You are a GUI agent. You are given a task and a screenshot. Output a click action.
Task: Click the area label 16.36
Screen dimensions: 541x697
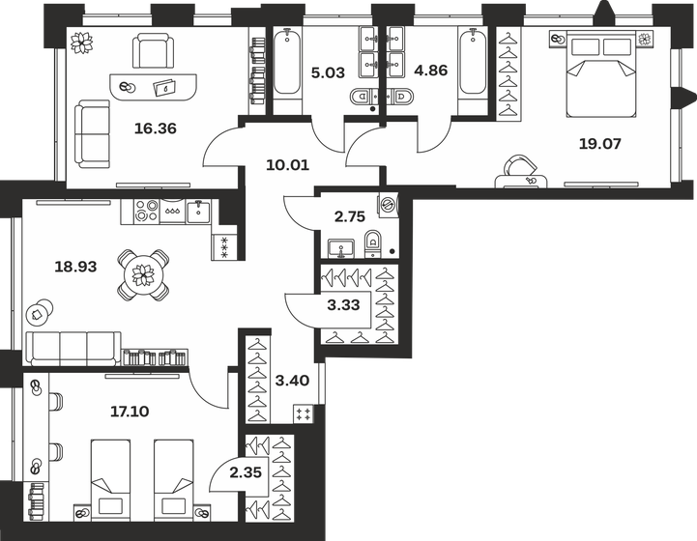point(134,126)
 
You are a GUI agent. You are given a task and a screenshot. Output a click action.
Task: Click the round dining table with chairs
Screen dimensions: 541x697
point(143,276)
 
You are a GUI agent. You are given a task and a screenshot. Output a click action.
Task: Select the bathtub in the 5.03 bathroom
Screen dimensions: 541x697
point(286,63)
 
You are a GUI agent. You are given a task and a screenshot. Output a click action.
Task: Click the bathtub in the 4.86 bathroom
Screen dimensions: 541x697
point(473,63)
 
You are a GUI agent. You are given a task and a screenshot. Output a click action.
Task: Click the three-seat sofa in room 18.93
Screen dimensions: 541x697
point(73,349)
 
